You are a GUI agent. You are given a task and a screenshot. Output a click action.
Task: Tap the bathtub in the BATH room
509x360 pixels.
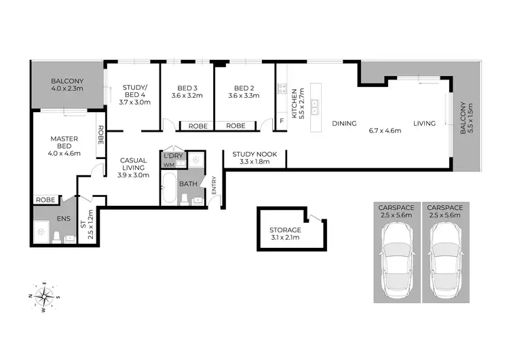pos(168,188)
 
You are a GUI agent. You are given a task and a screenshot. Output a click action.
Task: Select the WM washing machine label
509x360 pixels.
pos(168,165)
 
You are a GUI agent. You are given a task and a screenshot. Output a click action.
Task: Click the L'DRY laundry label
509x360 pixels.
pos(172,156)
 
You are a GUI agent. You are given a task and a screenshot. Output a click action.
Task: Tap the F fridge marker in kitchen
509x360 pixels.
pos(282,121)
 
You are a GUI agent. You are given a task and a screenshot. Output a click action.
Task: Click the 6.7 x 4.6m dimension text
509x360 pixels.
pos(384,130)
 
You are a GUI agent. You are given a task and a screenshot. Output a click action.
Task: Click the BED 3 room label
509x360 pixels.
pos(187,88)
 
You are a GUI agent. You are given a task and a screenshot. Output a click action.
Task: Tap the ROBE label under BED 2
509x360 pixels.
pos(235,126)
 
